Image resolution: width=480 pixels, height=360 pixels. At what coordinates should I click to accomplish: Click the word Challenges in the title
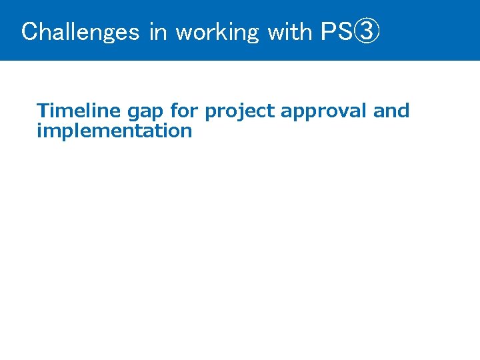[80, 31]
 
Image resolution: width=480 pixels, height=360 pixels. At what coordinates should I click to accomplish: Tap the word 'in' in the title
[158, 31]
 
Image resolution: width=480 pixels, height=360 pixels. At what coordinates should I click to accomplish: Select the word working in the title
[217, 31]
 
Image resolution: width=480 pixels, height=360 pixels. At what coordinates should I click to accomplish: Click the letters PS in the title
[336, 31]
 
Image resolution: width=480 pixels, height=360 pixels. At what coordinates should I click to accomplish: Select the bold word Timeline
[79, 111]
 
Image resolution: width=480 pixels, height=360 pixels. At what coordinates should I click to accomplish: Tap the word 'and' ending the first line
[391, 111]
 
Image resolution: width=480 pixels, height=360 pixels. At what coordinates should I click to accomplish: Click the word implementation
[114, 131]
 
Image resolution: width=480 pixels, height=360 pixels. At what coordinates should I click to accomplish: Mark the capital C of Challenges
[29, 31]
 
